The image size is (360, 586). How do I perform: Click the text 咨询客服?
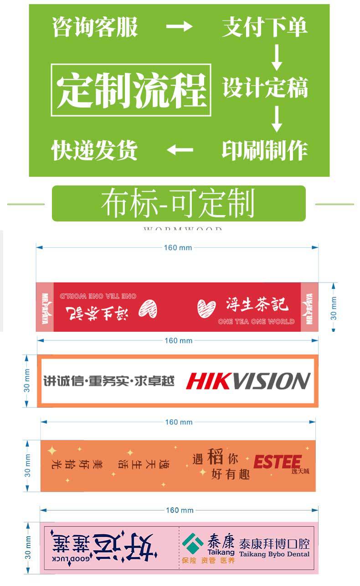[95, 27]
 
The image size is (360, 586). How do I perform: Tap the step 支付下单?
[264, 27]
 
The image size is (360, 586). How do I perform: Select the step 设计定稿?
[265, 87]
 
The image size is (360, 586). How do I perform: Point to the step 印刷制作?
[265, 150]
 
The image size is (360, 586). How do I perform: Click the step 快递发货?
[94, 150]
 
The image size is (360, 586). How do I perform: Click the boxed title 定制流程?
[131, 90]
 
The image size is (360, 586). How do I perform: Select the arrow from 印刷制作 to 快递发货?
[180, 149]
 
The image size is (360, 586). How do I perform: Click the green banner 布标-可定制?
[178, 203]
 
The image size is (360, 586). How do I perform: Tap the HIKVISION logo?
[248, 381]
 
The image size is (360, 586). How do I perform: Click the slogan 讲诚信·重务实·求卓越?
[109, 381]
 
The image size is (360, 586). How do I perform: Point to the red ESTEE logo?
[277, 462]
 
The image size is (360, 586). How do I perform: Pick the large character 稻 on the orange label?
[215, 457]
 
